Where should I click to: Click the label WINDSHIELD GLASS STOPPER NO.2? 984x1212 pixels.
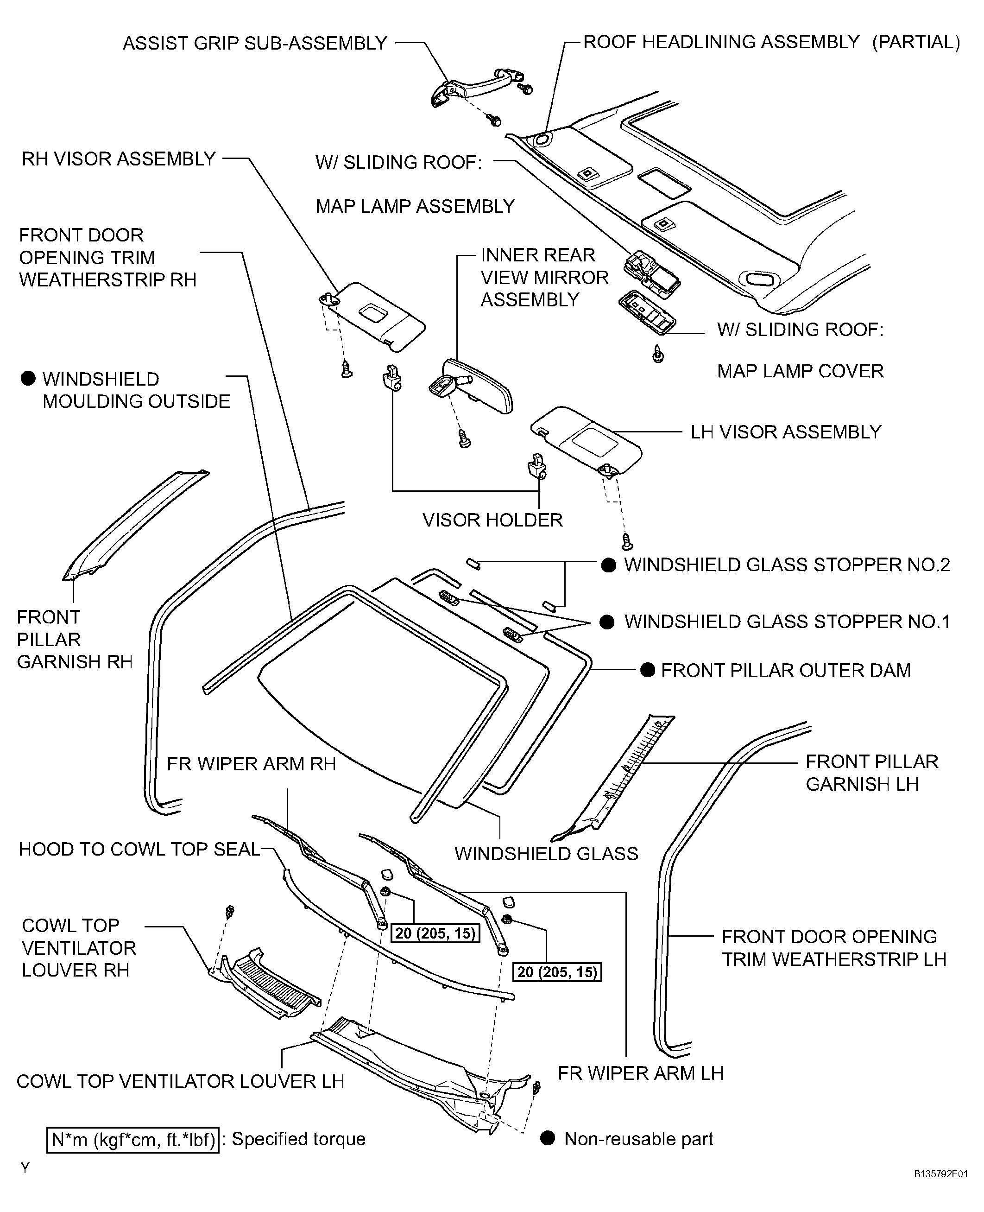tap(786, 565)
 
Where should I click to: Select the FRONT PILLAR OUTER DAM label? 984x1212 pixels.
tap(785, 670)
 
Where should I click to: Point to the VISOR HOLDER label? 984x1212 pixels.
tap(492, 520)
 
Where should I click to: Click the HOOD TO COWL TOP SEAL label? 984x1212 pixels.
tap(139, 849)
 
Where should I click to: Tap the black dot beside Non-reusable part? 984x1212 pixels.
tap(547, 1138)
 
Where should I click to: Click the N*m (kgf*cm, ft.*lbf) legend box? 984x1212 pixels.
tap(132, 1139)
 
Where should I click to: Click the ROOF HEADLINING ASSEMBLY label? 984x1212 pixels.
tap(721, 42)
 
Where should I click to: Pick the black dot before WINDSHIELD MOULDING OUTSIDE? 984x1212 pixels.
tap(28, 378)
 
